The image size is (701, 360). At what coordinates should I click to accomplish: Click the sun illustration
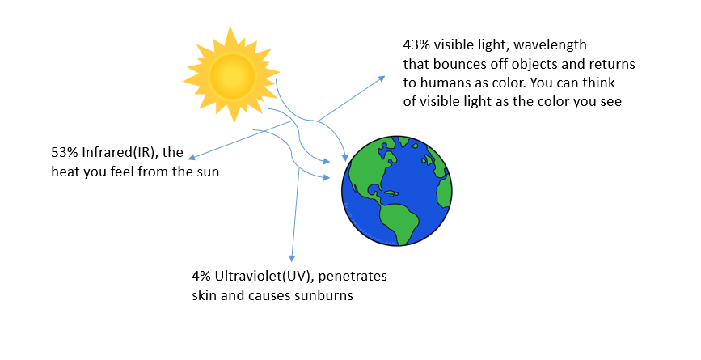pyautogui.click(x=233, y=74)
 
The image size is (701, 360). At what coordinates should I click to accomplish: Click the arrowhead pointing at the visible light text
pyautogui.click(x=383, y=78)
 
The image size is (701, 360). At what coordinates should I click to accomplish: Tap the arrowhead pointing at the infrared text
pyautogui.click(x=192, y=157)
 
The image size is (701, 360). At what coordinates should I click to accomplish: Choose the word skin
pyautogui.click(x=205, y=296)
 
